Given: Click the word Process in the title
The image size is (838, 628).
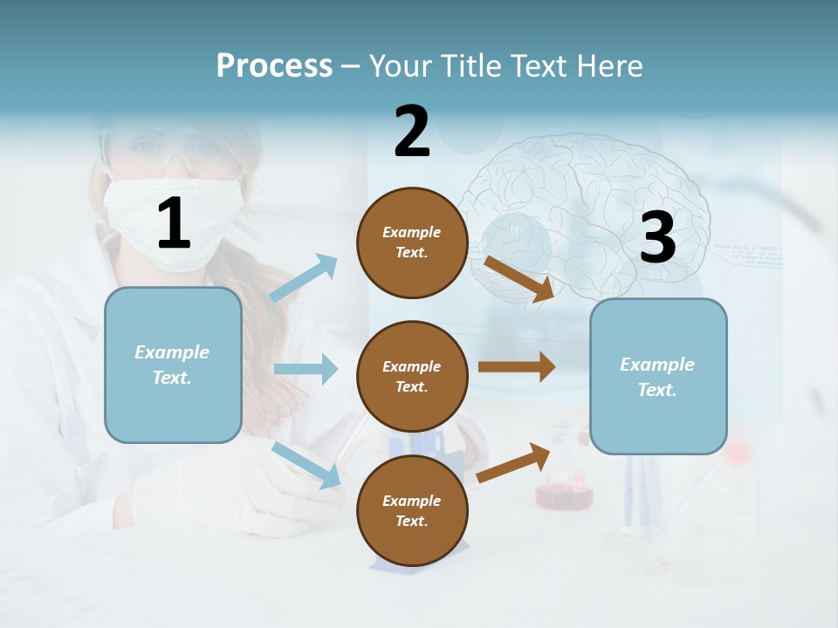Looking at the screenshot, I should pos(274,65).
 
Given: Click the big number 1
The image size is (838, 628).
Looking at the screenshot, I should pos(174,224).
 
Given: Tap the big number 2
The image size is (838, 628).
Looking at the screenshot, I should pos(412,132).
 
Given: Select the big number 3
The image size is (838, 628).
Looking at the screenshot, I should pos(657,237).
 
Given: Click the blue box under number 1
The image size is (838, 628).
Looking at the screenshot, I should pos(173,365).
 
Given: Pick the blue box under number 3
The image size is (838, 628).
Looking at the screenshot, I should pos(657,376).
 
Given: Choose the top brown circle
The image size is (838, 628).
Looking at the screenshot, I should pos(412,242).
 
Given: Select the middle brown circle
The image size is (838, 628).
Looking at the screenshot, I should pos(412,376).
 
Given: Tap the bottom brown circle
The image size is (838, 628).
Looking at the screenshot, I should pos(412,510).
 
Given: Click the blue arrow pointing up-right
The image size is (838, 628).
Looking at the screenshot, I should pos(304,278).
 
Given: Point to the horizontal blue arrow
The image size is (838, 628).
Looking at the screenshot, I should pos(306,369).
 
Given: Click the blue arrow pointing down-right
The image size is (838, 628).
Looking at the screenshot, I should pos(306,465).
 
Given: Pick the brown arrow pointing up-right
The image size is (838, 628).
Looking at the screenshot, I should pos(514,463).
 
